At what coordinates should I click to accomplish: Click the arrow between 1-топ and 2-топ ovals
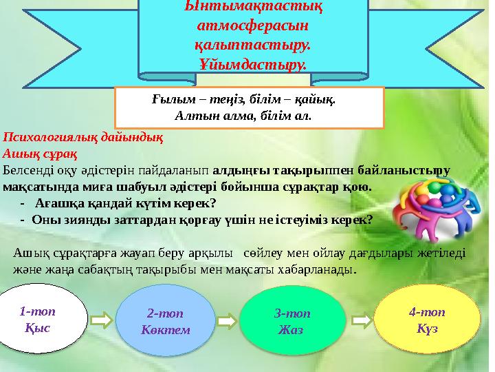(x=101, y=320)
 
